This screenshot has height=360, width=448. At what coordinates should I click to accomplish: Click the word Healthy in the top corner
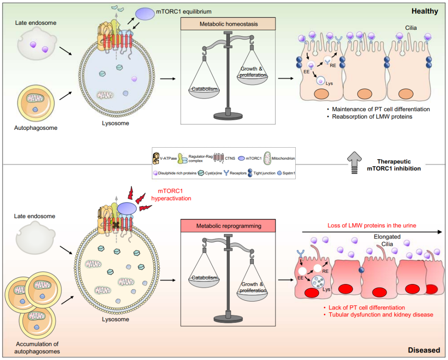click(425, 11)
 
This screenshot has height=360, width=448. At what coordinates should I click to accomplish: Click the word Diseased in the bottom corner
click(424, 350)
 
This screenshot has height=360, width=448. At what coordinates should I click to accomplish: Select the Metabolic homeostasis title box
click(228, 24)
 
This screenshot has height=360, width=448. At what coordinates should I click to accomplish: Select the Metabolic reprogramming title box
click(228, 226)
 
